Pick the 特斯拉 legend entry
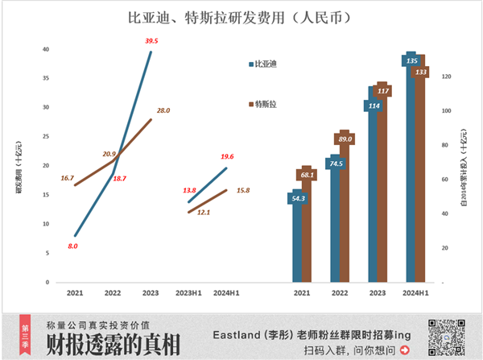tap(266, 104)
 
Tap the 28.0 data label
tap(163, 110)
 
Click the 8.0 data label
tap(72, 245)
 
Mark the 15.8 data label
tap(242, 190)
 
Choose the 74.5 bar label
tap(336, 163)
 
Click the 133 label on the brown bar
tap(420, 72)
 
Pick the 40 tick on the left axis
tap(45, 49)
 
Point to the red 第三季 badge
tap(25, 330)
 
